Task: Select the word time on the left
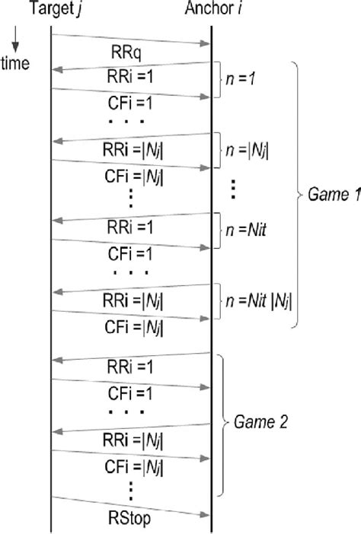pyautogui.click(x=15, y=63)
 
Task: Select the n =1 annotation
pyautogui.click(x=240, y=77)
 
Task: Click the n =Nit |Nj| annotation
pyautogui.click(x=257, y=297)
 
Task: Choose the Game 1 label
pyautogui.click(x=332, y=195)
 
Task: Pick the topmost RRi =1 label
pyautogui.click(x=131, y=77)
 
